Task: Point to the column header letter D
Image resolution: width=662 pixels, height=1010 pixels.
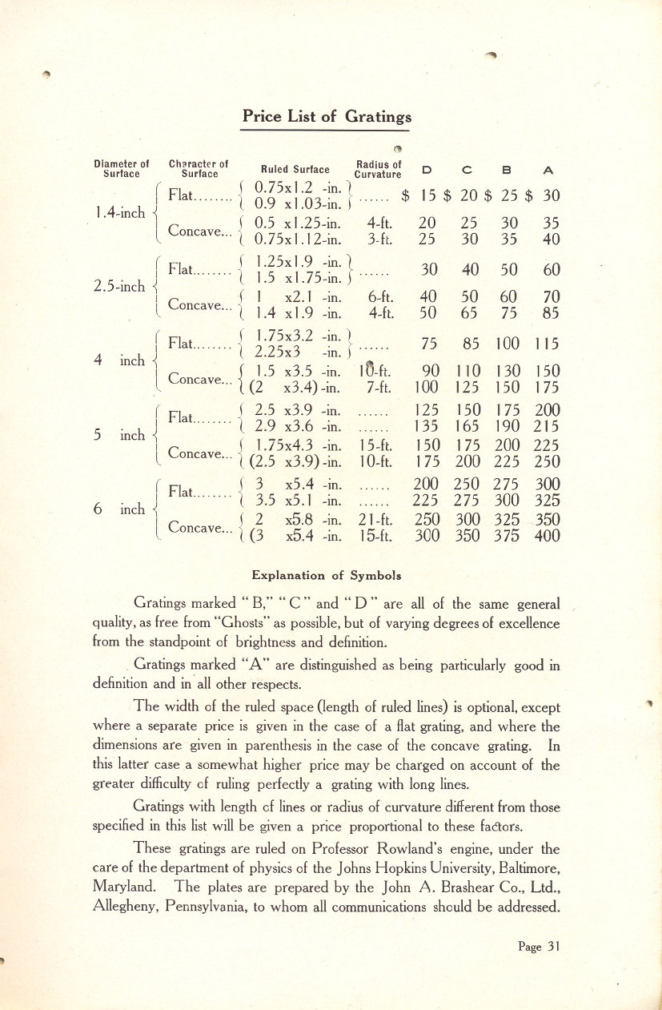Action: (x=426, y=170)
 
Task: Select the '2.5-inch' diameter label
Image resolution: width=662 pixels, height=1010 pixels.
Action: (x=119, y=286)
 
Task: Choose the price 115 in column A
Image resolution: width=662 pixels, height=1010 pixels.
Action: (x=548, y=344)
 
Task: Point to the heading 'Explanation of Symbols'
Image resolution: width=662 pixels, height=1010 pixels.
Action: (x=326, y=575)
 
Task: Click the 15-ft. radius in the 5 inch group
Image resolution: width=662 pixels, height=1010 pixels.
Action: (x=375, y=445)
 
